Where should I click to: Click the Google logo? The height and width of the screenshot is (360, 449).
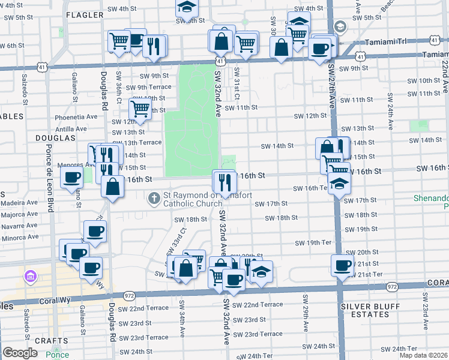click(19, 353)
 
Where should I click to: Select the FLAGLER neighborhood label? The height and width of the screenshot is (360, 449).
click(84, 14)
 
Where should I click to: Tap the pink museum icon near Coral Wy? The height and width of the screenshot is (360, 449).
click(29, 277)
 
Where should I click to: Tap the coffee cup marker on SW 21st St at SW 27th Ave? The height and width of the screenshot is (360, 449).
click(343, 265)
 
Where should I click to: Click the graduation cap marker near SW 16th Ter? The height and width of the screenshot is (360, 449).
click(339, 184)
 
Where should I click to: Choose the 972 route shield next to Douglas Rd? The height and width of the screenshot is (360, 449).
click(129, 296)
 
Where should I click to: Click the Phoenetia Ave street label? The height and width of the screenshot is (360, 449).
click(76, 117)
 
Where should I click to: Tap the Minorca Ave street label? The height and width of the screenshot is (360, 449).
click(20, 238)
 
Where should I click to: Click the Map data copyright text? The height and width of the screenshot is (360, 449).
click(424, 355)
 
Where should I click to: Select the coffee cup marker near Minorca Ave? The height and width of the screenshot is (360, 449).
click(95, 232)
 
